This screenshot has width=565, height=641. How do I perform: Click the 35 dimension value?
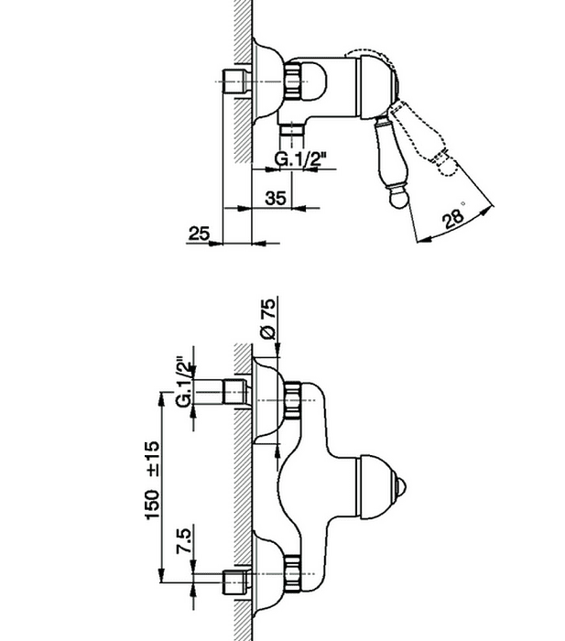(276, 199)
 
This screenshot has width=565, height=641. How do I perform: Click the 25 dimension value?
(199, 234)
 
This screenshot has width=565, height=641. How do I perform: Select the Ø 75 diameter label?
(268, 319)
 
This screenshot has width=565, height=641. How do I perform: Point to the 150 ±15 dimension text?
(152, 480)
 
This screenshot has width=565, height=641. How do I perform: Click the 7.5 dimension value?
(184, 541)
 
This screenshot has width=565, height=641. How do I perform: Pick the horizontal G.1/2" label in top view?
(300, 159)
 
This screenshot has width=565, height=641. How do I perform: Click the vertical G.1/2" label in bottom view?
(184, 383)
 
